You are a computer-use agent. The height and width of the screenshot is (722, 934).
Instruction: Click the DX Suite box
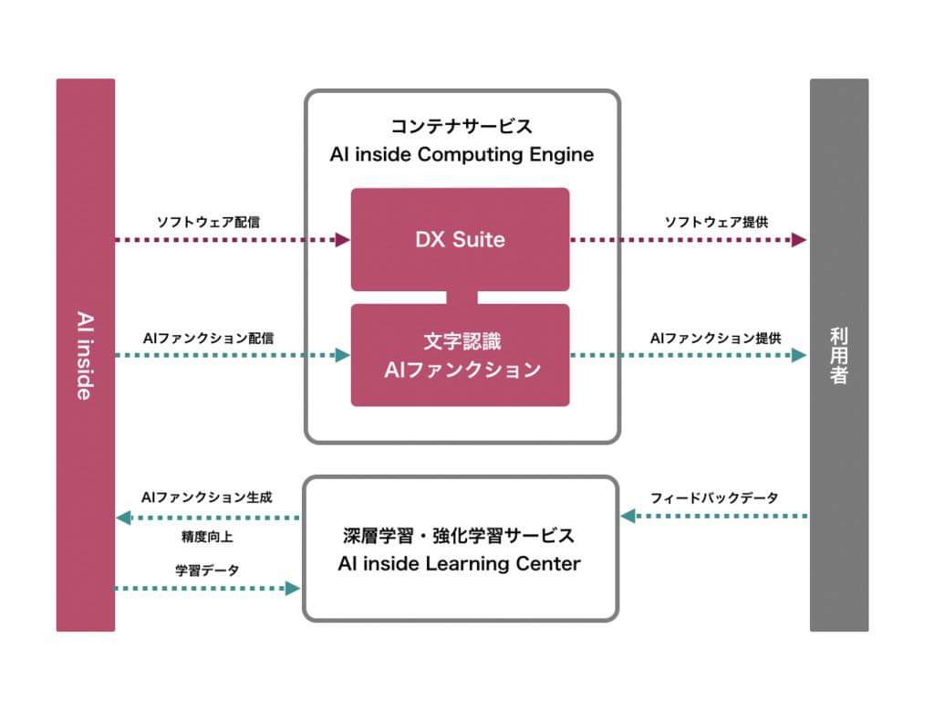coord(460,239)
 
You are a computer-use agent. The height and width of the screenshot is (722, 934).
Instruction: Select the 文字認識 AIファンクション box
coord(460,355)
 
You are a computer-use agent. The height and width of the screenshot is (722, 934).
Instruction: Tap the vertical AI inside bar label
coord(85,355)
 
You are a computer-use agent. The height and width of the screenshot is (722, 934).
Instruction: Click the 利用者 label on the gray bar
coord(839,355)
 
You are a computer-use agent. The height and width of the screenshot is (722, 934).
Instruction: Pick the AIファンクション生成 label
coord(207,498)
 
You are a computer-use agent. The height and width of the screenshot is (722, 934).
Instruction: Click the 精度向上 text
coord(207,537)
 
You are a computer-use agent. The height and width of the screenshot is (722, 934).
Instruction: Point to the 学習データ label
coord(207,570)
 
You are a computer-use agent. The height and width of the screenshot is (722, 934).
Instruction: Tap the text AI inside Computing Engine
coord(462,154)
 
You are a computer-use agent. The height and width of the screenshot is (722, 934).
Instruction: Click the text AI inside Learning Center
coord(459,564)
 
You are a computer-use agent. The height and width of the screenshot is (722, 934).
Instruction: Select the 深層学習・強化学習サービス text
coord(460,536)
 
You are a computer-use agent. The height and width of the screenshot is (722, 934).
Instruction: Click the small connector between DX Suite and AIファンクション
coord(461,298)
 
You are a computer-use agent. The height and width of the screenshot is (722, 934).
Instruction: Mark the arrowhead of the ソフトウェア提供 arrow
coord(800,240)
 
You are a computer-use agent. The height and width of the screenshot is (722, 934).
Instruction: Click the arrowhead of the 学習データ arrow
coord(293,589)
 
